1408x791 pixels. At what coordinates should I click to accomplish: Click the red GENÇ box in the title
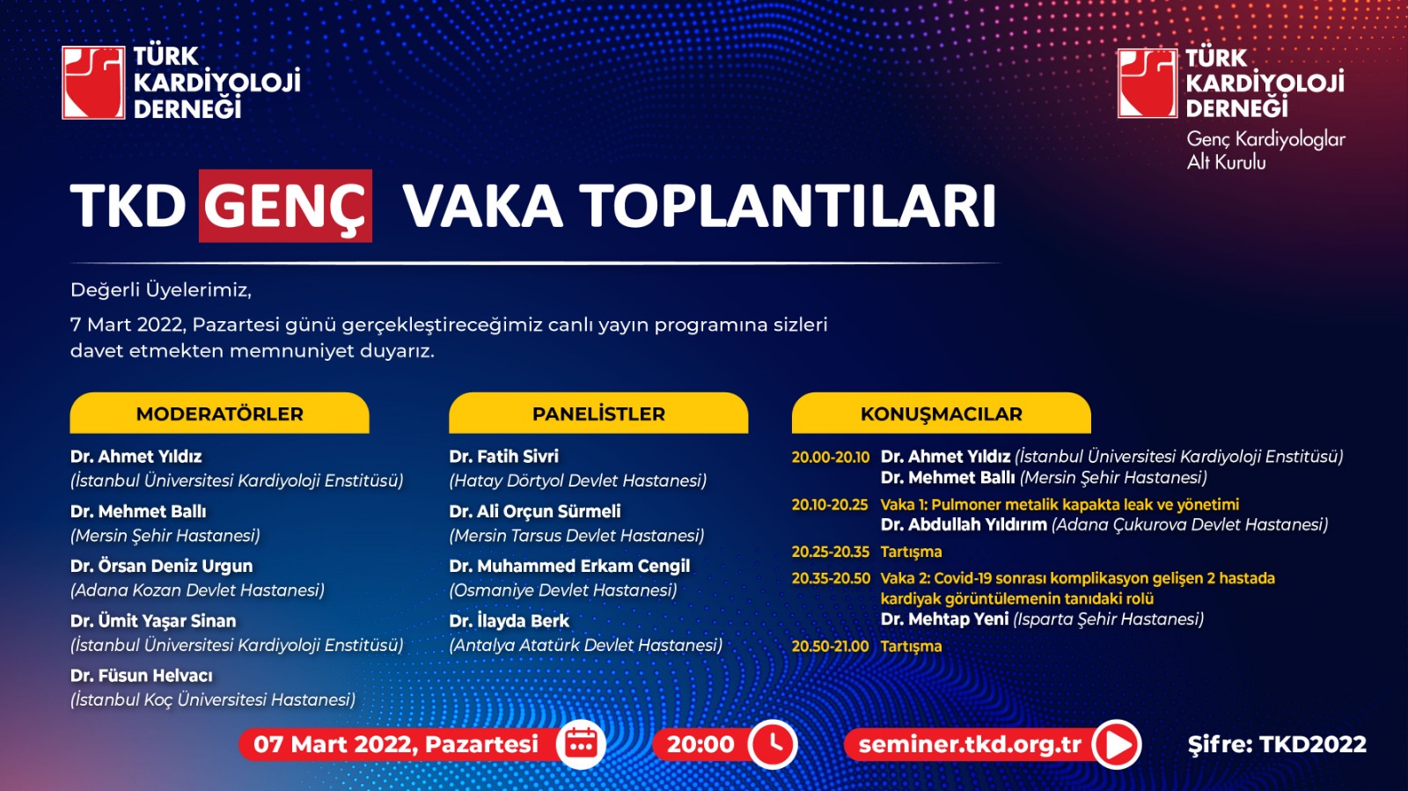point(285,205)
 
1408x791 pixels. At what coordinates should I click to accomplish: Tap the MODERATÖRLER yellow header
point(219,413)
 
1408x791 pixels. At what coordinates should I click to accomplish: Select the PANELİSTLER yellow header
point(598,413)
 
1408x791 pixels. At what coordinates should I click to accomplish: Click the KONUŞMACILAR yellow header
point(941,413)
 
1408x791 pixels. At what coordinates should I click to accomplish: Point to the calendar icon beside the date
point(582,743)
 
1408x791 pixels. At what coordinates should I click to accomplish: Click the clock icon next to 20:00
point(773,743)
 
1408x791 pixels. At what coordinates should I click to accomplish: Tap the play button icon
point(1117,744)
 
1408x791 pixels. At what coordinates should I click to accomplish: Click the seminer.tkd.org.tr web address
point(970,744)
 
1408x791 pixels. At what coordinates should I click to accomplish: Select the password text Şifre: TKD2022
point(1277,744)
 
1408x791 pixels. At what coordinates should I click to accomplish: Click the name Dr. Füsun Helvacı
point(142,676)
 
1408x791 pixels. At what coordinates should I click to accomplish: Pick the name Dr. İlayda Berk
point(510,620)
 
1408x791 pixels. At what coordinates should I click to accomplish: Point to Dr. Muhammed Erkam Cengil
point(569,566)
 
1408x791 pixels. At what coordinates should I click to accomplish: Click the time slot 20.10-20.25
point(830,504)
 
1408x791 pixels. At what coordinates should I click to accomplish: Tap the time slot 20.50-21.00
point(831,646)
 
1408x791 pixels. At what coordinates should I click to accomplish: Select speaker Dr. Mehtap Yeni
point(945,619)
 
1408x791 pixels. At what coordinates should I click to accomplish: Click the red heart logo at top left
point(93,83)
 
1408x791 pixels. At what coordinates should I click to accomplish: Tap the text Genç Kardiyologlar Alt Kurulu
point(1265,150)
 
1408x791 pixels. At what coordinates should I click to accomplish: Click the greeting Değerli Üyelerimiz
point(161,290)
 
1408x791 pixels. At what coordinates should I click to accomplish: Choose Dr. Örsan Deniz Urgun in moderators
point(162,566)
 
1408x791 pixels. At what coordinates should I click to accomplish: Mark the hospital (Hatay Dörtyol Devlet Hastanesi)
point(577,480)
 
